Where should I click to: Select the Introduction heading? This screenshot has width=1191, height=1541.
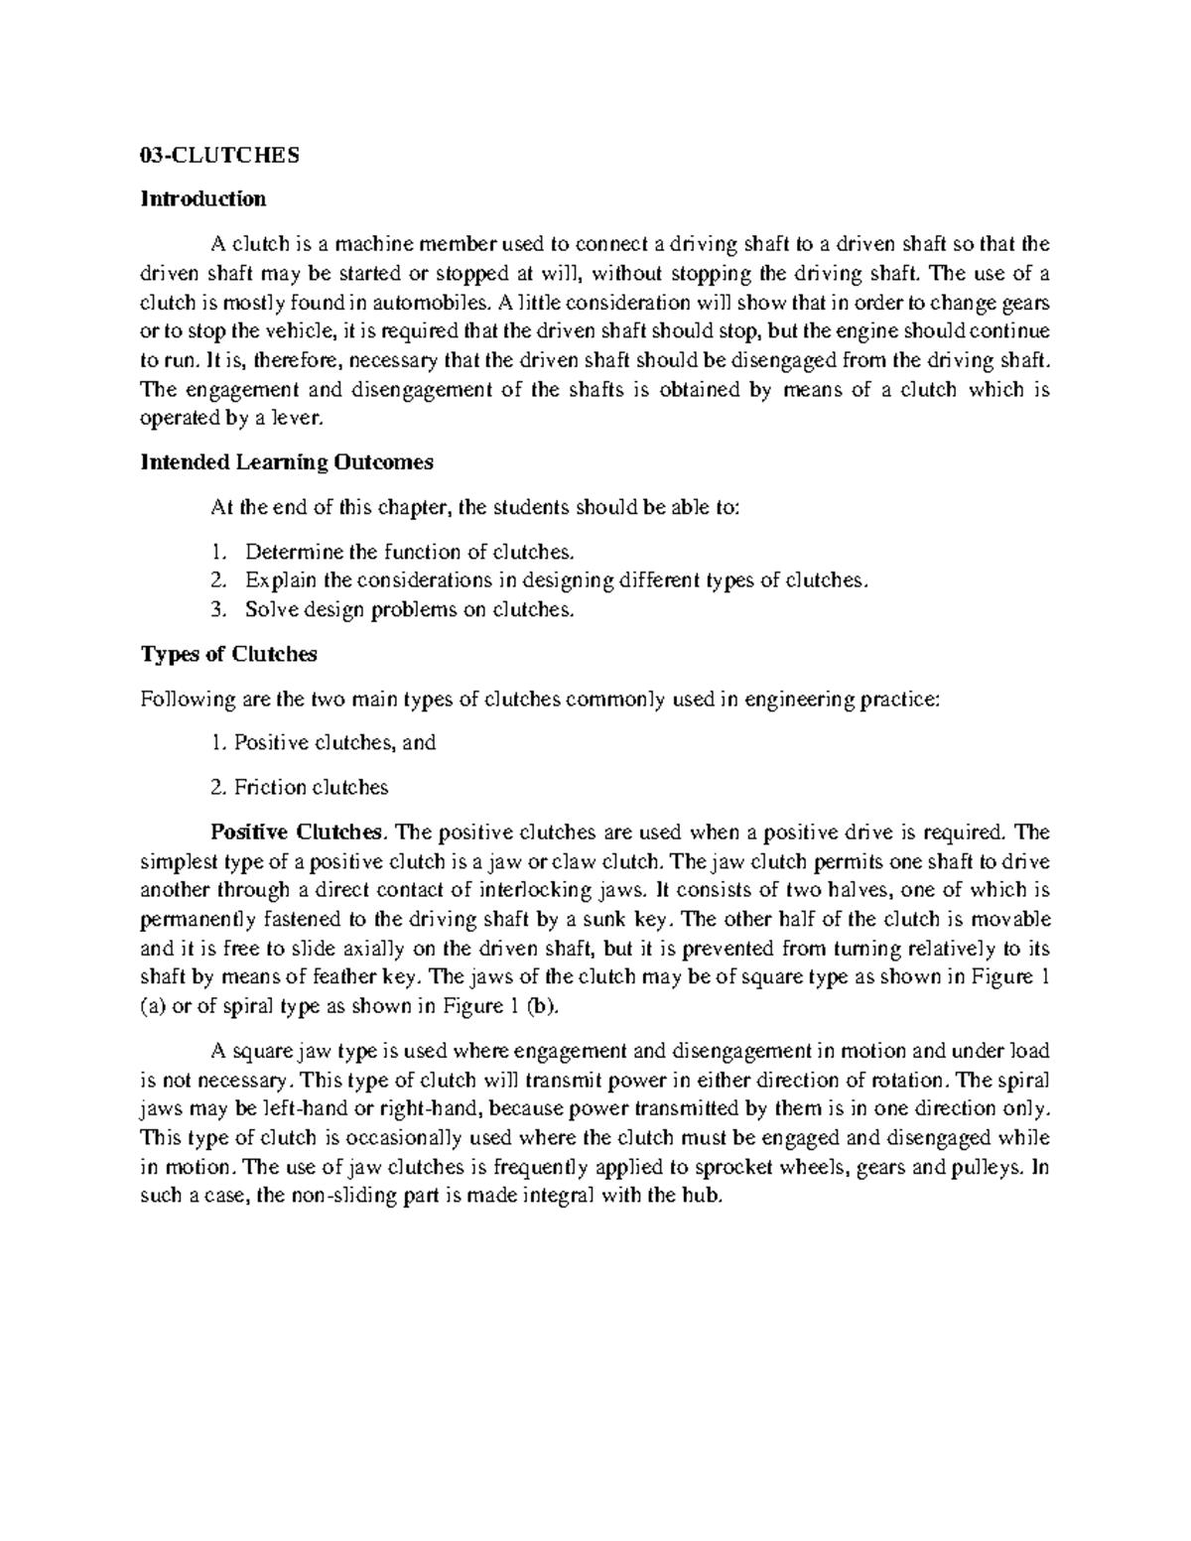(203, 199)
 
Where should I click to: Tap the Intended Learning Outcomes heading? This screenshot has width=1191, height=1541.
(287, 462)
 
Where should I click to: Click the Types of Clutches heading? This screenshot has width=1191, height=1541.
(229, 655)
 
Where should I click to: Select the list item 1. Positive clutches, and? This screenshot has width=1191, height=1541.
(323, 742)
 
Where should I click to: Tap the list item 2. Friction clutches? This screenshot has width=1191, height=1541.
(299, 788)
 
